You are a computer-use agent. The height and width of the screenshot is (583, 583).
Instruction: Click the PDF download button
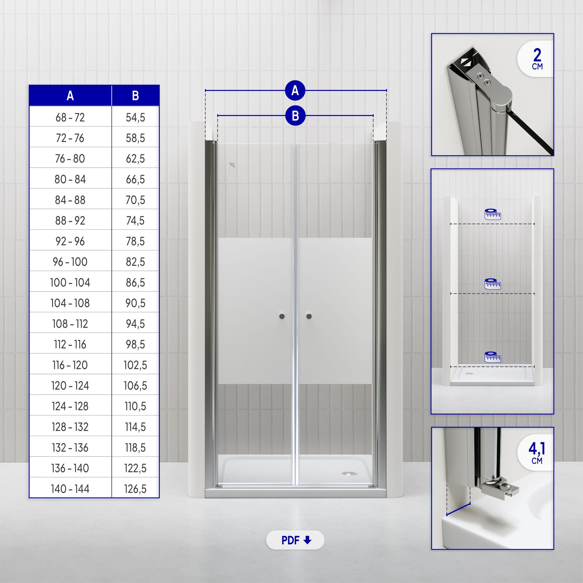pos(295,540)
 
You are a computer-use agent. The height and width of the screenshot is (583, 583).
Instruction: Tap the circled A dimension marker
pos(295,90)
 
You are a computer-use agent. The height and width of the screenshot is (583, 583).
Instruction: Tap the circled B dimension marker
pos(295,115)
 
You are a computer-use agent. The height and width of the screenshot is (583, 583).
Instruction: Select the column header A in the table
pos(70,96)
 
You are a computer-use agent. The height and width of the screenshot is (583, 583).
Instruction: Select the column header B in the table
pos(135,96)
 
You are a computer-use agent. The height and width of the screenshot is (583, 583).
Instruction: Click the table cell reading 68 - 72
pos(70,117)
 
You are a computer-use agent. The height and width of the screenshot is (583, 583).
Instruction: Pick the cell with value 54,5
pos(135,117)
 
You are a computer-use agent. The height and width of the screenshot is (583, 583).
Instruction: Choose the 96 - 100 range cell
pos(70,262)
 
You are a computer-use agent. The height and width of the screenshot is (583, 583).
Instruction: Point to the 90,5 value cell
pos(135,303)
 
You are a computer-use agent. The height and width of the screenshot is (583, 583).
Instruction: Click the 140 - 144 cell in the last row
pos(70,489)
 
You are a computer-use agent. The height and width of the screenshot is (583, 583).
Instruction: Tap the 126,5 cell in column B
pos(135,489)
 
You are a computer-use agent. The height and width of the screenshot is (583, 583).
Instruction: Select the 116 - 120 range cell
pos(70,365)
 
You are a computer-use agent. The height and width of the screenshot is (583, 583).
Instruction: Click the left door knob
pos(282,316)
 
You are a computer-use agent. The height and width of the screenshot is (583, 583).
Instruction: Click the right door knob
pos(309,316)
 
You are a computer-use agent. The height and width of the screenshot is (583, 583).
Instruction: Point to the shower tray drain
pos(349,473)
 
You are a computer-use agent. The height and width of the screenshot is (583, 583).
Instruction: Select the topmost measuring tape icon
pos(492,214)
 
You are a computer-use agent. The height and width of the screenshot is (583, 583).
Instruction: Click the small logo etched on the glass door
pos(232,165)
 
